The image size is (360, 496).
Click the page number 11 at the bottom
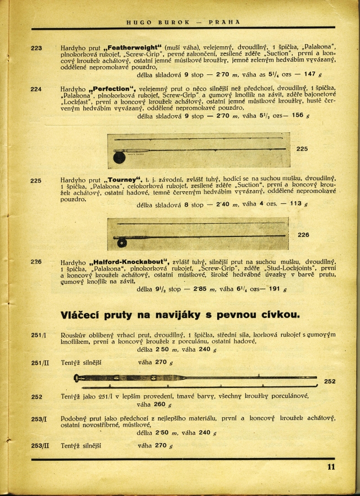[331, 467]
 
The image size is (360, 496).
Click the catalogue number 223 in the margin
[36, 48]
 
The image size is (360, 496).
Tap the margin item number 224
[36, 89]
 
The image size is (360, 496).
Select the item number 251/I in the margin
[38, 335]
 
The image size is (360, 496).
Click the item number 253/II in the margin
[40, 445]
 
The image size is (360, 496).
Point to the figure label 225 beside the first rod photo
[303, 149]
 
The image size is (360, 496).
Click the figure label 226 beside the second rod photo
[303, 235]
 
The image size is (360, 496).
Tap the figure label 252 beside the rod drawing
[330, 381]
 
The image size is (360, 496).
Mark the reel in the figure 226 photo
[120, 242]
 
